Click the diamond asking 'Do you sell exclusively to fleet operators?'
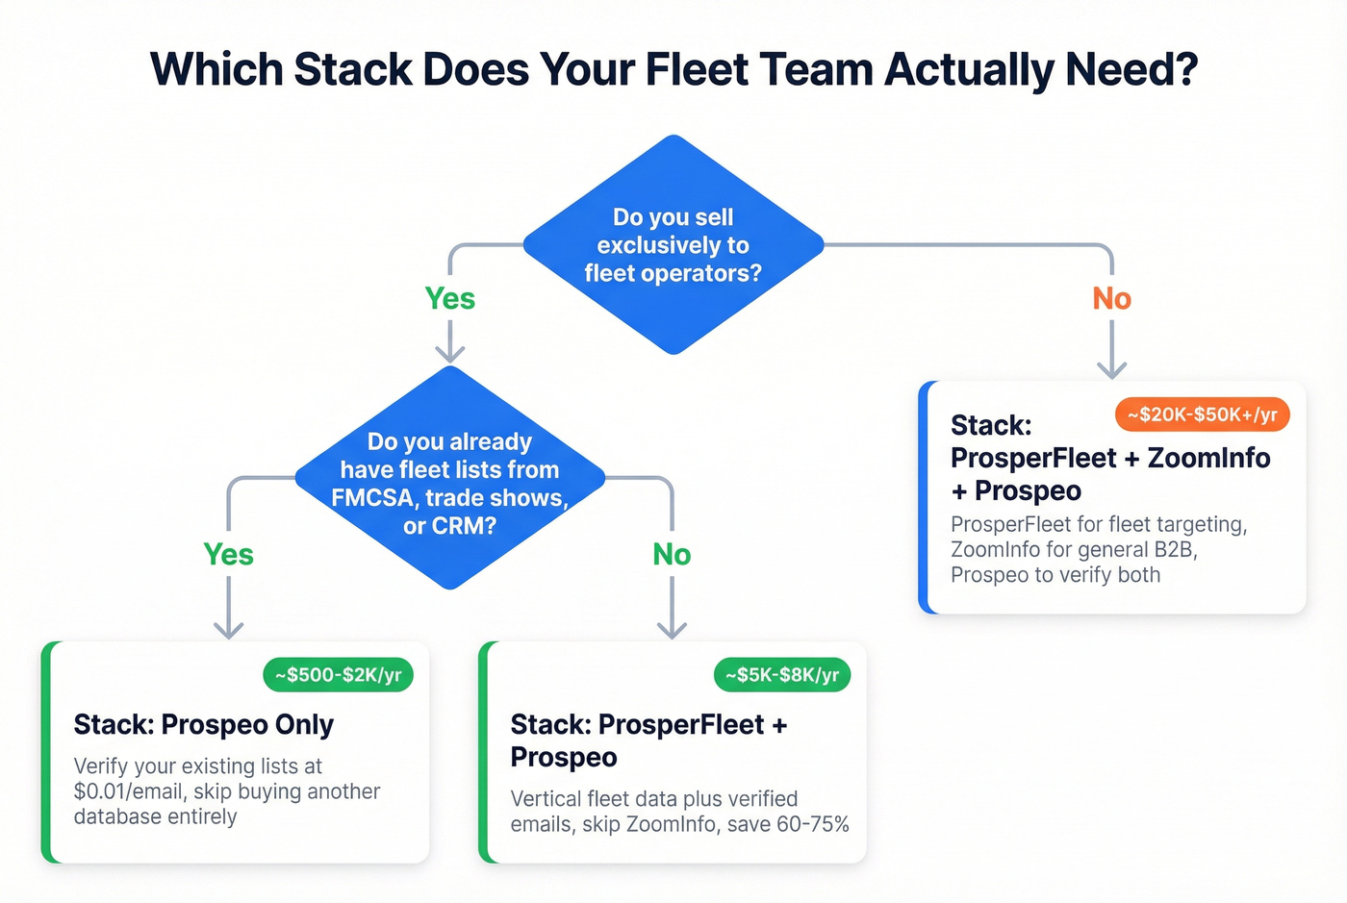(673, 245)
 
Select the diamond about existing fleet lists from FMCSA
(449, 478)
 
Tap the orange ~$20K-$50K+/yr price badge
(1202, 414)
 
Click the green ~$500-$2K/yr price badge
(338, 675)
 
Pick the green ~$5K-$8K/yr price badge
(781, 675)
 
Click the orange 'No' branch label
(1111, 299)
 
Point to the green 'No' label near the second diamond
(672, 555)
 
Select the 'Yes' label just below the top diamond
(449, 299)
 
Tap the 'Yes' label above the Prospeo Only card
(228, 555)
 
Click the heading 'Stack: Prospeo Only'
(204, 724)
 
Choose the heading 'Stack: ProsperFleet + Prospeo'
(648, 740)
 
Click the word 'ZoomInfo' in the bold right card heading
(1208, 458)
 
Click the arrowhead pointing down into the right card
(1111, 370)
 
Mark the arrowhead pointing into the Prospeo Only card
(228, 630)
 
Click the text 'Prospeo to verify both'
(1055, 575)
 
